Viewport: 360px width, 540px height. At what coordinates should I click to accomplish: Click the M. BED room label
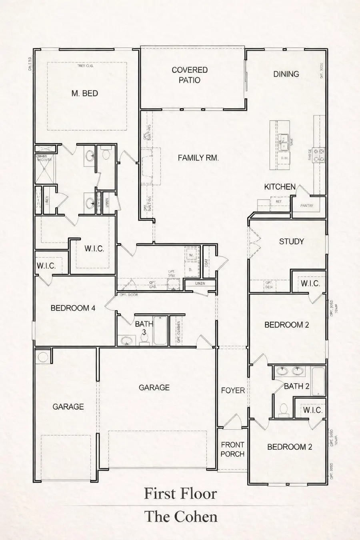pyautogui.click(x=84, y=93)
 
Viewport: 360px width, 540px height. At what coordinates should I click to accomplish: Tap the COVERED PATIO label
pyautogui.click(x=190, y=75)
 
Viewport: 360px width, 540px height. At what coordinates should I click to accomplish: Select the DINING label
pyautogui.click(x=286, y=74)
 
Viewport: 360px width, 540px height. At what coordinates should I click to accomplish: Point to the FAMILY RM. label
pyautogui.click(x=198, y=158)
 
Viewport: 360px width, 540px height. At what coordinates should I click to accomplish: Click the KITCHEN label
pyautogui.click(x=280, y=187)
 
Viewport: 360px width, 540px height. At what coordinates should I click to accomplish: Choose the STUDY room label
pyautogui.click(x=291, y=241)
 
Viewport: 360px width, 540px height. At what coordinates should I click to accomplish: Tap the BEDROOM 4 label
pyautogui.click(x=73, y=308)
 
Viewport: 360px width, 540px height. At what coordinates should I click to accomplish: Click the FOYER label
pyautogui.click(x=233, y=390)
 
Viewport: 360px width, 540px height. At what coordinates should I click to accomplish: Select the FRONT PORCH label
pyautogui.click(x=232, y=449)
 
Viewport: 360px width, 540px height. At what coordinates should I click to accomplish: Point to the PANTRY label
pyautogui.click(x=307, y=206)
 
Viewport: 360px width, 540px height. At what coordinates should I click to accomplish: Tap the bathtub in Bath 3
pyautogui.click(x=160, y=330)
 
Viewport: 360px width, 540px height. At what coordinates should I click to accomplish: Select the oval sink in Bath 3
pyautogui.click(x=127, y=341)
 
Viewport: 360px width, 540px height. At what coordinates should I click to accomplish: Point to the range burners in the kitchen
pyautogui.click(x=320, y=156)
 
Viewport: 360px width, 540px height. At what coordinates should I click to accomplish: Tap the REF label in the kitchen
pyautogui.click(x=279, y=202)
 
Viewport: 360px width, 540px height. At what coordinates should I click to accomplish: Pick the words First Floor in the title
pyautogui.click(x=180, y=494)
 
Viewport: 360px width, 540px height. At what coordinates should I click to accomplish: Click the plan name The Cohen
pyautogui.click(x=181, y=516)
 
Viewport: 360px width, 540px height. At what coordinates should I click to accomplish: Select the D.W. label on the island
pyautogui.click(x=285, y=158)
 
